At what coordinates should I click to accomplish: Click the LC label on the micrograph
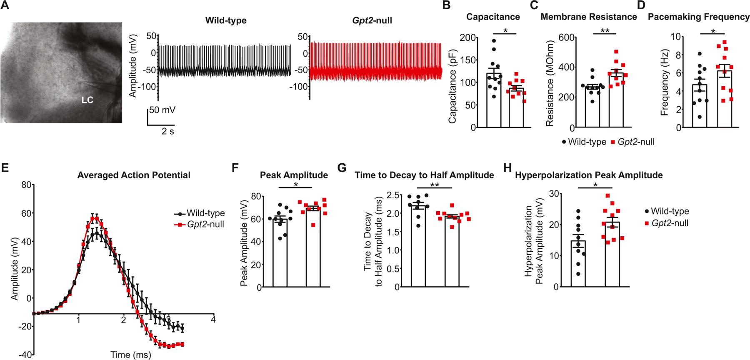[x=87, y=100]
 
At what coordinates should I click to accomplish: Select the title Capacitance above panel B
[x=493, y=17]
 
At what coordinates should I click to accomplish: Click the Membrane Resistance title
[x=589, y=17]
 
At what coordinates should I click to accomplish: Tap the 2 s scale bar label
[x=168, y=131]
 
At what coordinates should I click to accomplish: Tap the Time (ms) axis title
[x=130, y=355]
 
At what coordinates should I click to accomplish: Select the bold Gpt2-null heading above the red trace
[x=370, y=20]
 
